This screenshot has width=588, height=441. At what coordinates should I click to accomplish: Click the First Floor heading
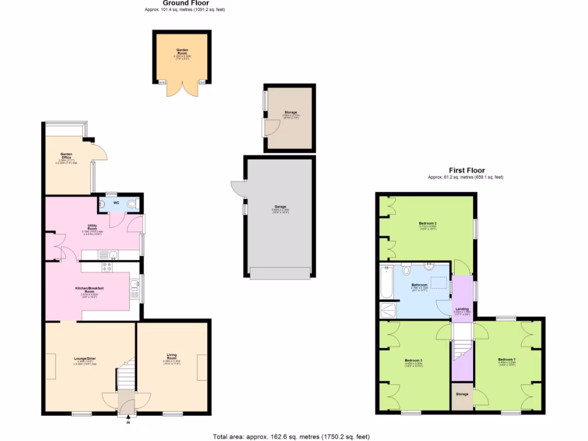point(466,171)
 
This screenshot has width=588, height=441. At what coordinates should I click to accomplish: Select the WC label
point(116,203)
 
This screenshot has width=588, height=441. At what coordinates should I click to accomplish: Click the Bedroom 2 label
point(428,223)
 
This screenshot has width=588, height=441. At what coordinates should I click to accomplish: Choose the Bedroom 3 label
point(413,359)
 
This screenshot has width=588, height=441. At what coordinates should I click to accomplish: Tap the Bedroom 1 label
point(507,359)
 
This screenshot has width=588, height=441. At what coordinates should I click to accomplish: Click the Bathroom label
point(419,285)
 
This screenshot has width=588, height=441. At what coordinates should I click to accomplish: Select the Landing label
point(462,309)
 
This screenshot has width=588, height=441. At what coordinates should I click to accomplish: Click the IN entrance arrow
point(127,419)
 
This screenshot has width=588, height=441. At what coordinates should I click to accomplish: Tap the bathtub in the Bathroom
point(386,283)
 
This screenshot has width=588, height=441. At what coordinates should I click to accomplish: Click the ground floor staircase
point(125,376)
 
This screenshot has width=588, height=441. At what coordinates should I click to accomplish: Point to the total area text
point(291,436)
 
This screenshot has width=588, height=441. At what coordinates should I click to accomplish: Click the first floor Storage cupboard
point(462,394)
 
